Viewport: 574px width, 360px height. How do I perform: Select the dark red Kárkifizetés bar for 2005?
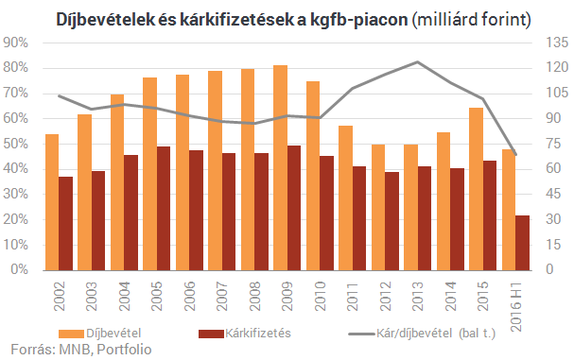click(164, 208)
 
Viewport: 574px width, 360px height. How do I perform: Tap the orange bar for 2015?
click(477, 188)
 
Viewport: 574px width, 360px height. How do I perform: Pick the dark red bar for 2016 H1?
click(523, 242)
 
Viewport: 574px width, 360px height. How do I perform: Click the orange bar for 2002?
click(52, 201)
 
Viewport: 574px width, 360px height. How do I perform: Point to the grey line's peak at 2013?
click(417, 62)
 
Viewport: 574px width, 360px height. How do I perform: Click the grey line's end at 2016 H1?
click(515, 154)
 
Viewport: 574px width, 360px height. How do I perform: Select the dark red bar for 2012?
click(392, 220)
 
